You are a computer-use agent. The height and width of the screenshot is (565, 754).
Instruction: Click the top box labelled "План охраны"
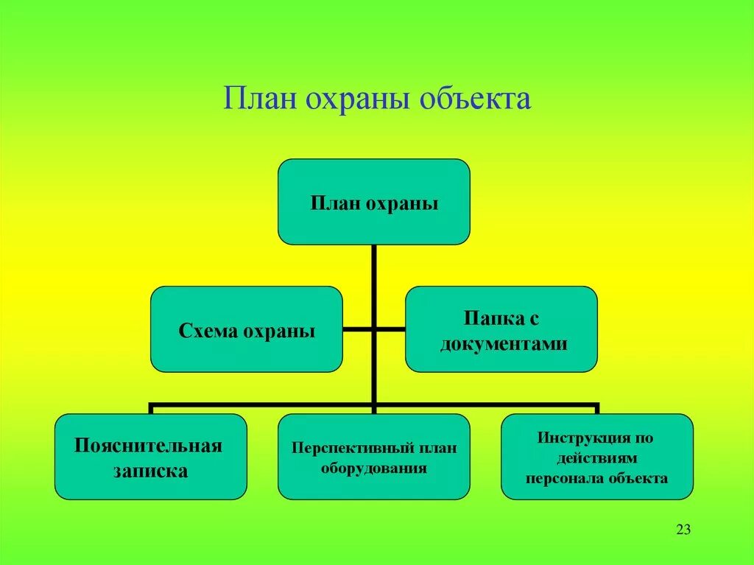373,202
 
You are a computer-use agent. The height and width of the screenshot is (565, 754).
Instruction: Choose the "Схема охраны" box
247,329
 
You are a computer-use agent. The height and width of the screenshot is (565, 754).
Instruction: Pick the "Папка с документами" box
501,329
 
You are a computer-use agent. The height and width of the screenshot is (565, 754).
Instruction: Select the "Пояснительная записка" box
150,457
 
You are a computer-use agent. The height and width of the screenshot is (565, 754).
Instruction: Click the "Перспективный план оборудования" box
373,457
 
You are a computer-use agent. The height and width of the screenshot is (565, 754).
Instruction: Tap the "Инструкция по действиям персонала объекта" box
596,457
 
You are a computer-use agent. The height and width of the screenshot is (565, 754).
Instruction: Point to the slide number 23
683,530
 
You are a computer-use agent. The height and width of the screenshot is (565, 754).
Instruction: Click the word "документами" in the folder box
504,343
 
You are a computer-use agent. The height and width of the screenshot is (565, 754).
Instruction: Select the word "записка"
150,471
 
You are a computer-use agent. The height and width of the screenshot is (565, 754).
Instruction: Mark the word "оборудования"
374,468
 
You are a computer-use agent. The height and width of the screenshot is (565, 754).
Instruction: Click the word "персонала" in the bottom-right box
560,478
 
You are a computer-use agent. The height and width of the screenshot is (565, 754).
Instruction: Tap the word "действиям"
596,457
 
